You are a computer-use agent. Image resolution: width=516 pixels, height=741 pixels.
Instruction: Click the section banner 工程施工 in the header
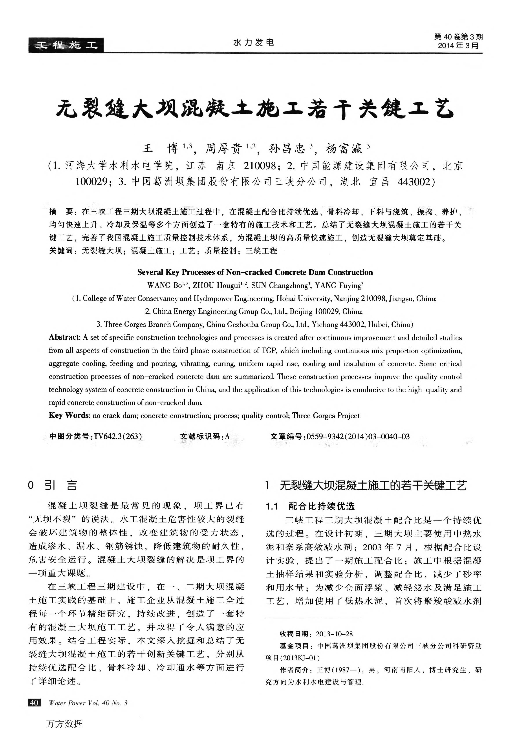(66, 45)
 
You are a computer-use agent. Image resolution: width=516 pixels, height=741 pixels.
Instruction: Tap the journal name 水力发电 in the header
(253, 42)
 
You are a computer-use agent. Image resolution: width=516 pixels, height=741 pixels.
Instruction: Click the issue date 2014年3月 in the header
(458, 46)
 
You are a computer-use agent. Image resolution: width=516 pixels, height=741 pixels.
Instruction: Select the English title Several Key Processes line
(255, 272)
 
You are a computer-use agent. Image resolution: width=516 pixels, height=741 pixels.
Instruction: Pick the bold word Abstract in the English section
(64, 337)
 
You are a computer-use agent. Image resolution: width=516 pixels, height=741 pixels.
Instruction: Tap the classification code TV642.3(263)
(118, 437)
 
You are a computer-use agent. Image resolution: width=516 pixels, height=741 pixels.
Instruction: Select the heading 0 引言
(53, 485)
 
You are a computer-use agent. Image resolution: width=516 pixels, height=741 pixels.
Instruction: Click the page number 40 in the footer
(34, 703)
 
